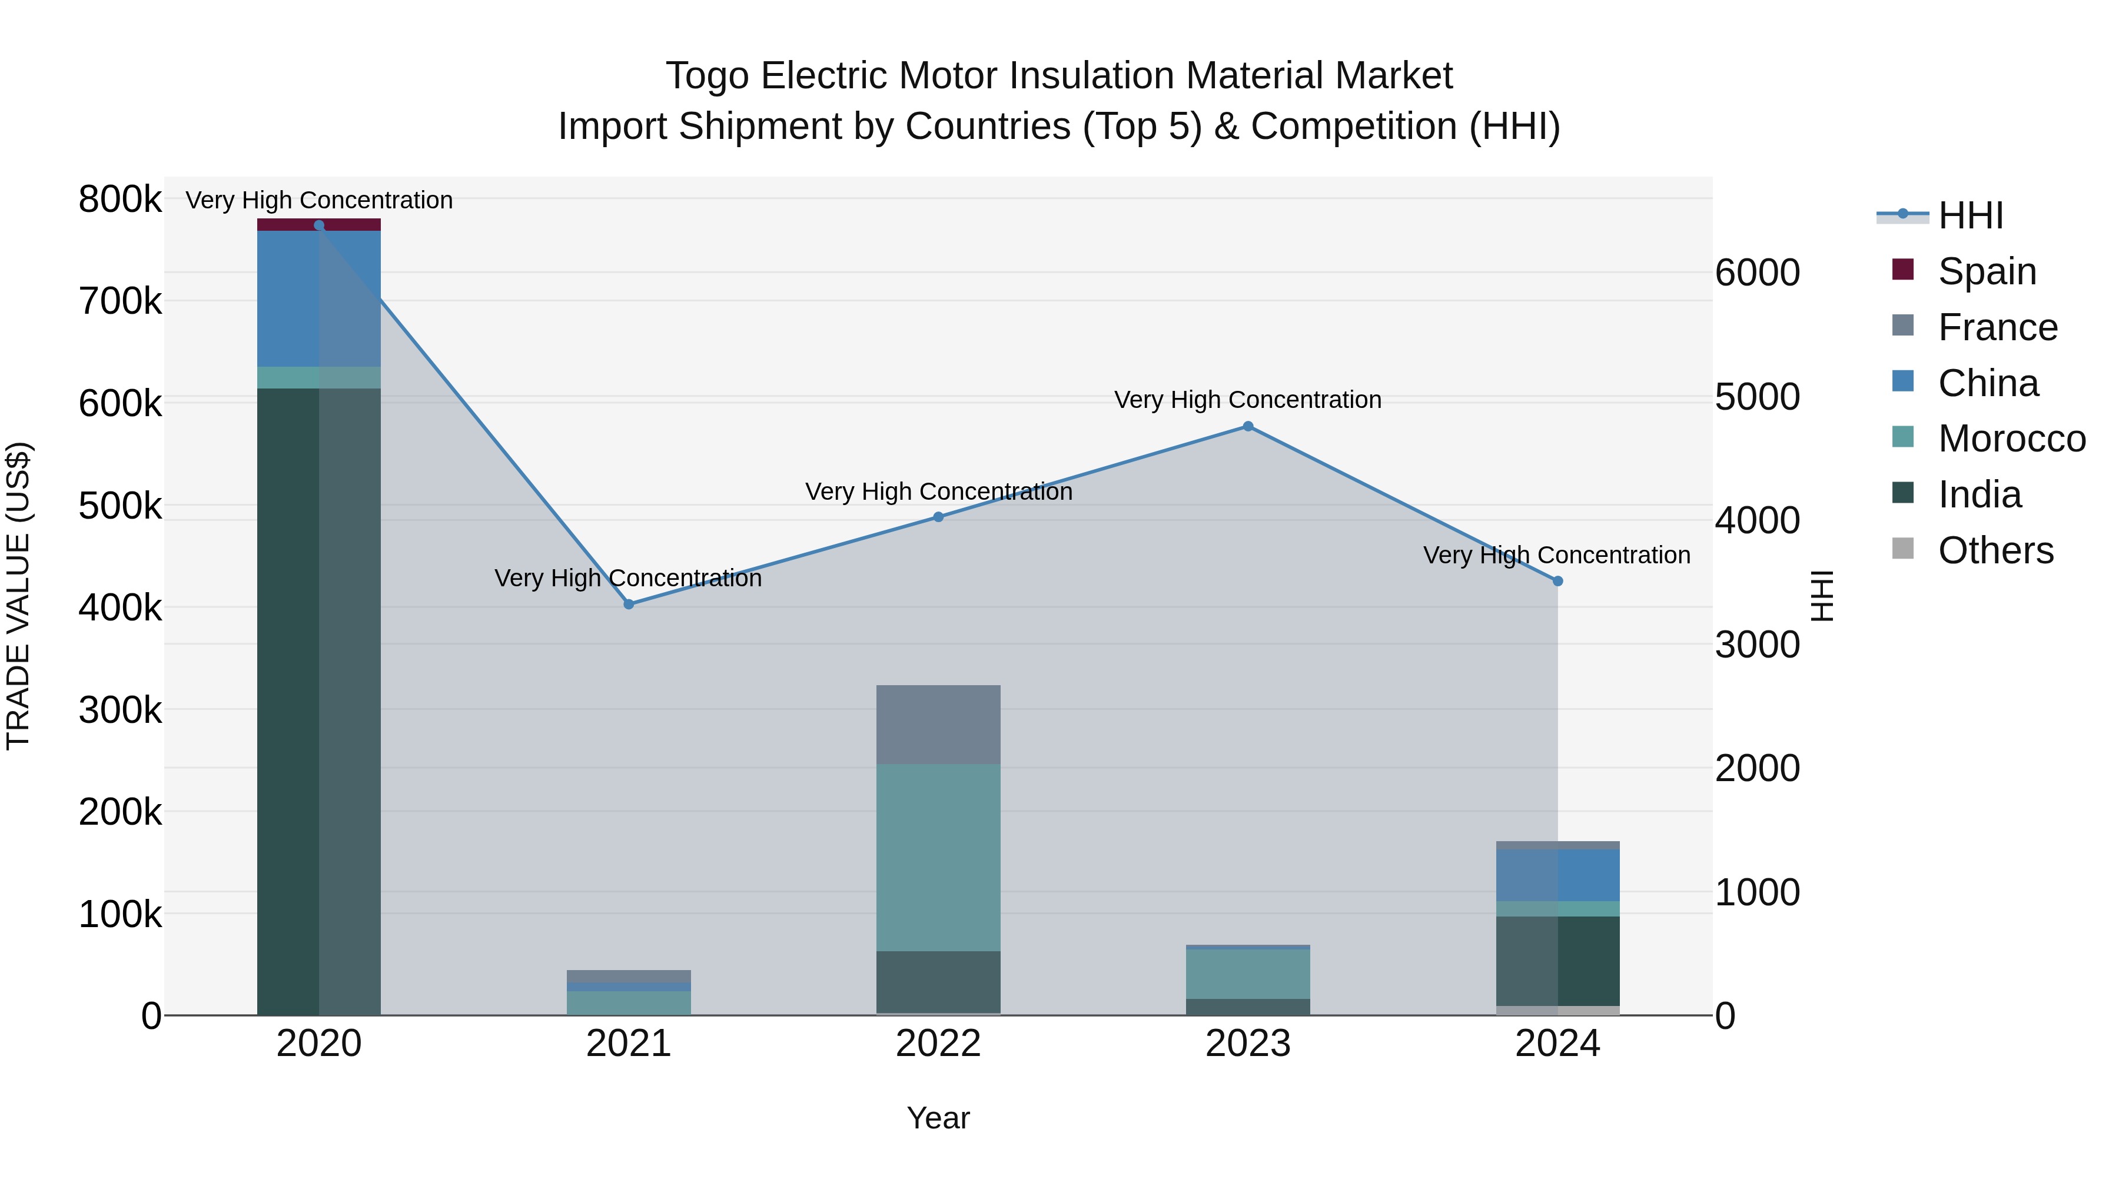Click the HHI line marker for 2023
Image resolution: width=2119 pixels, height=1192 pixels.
pos(1248,426)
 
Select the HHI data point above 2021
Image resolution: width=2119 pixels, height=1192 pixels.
pos(629,604)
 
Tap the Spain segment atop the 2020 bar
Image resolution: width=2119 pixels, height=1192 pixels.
pos(288,225)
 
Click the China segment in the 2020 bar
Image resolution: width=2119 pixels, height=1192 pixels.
pos(288,298)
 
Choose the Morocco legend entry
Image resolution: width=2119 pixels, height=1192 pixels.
pos(2011,439)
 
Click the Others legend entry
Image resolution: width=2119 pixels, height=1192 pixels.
pos(1995,550)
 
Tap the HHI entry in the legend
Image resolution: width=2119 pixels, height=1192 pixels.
pos(1970,215)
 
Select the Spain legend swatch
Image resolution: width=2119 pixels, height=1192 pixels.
pos(1902,270)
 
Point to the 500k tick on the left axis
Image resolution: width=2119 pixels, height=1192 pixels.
pos(120,506)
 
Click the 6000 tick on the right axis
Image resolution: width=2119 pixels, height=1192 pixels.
pos(1757,273)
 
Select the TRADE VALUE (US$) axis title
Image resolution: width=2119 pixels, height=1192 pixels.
pos(18,596)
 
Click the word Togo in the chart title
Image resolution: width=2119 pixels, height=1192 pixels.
pos(706,76)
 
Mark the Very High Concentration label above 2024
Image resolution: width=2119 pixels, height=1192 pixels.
pos(1556,555)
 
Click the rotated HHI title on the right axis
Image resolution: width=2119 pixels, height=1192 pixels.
pos(1822,596)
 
